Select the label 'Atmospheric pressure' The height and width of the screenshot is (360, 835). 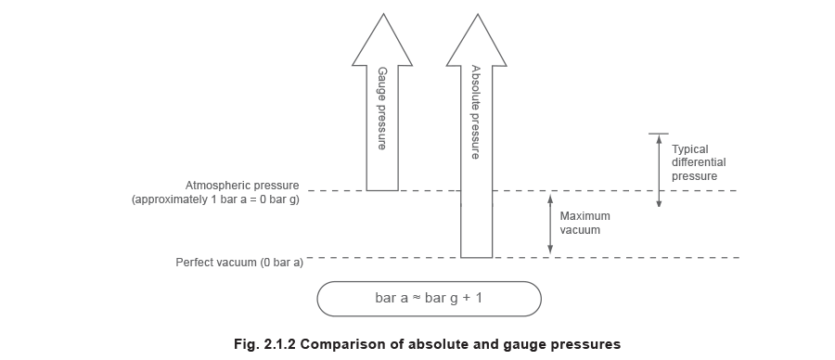click(x=244, y=185)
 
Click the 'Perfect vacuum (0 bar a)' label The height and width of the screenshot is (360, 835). click(x=240, y=263)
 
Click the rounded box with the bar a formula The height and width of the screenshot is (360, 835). click(x=429, y=299)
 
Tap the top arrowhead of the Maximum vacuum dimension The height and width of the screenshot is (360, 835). click(x=550, y=197)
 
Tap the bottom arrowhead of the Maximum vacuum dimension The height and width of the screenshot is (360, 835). click(x=550, y=250)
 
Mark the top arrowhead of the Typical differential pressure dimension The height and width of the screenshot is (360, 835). click(x=659, y=138)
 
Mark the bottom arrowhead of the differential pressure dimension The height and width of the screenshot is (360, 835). click(x=659, y=202)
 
